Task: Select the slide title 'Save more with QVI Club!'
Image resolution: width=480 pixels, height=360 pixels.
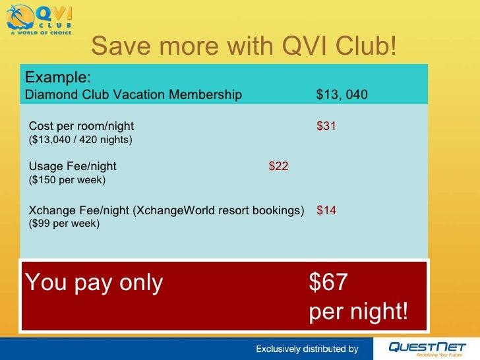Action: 244,45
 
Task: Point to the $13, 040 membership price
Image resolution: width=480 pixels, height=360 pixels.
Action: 342,95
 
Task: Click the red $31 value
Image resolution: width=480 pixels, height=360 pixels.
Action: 326,126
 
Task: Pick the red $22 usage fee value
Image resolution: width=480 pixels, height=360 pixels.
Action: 278,166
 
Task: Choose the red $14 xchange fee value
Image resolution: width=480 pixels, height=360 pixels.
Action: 326,210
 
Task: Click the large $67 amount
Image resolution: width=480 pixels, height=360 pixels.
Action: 328,283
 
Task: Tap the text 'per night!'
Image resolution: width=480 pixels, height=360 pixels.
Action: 359,312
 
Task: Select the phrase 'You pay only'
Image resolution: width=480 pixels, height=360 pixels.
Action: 94,283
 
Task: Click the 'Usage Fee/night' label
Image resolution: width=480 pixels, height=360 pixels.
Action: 73,166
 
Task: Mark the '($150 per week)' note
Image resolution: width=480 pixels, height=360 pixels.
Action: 67,179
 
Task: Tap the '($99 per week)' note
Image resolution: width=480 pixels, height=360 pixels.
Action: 65,224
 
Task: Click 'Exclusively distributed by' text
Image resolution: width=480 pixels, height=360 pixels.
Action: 307,349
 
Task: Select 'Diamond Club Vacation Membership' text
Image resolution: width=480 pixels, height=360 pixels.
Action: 133,95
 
